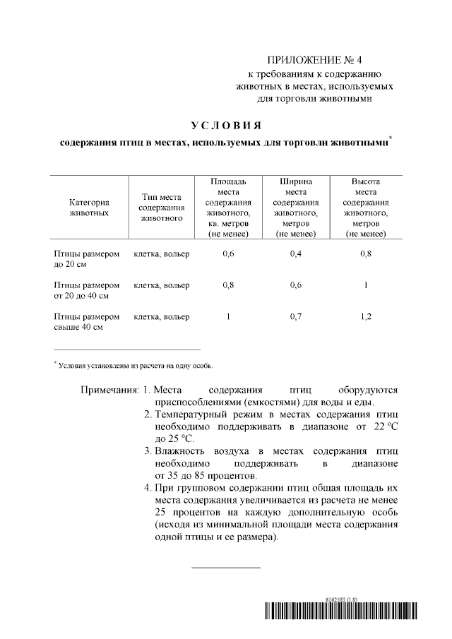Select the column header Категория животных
88,207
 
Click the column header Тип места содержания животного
162,207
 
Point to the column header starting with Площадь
228,207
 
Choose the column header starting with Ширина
296,207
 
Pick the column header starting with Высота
365,207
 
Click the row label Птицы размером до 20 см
87,259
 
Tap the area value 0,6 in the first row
228,254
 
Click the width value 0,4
296,254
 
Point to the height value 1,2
365,317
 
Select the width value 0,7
296,317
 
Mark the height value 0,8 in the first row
365,254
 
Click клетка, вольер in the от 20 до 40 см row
162,285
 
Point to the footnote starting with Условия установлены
134,366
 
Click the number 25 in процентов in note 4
160,510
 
